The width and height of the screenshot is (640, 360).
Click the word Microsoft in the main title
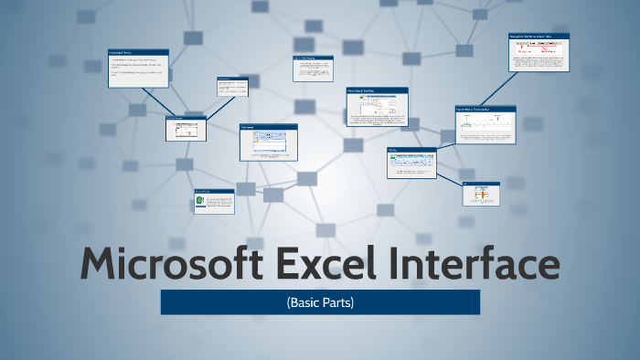point(165,264)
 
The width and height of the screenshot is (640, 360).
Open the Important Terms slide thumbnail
point(138,69)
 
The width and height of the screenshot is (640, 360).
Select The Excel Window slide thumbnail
point(186,129)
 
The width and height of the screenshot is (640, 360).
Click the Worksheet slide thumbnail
point(269,143)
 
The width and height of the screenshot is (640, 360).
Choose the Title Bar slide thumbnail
point(411,163)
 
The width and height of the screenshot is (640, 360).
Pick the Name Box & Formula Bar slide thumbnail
point(485,123)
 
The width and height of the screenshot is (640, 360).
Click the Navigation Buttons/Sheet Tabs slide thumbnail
point(539,53)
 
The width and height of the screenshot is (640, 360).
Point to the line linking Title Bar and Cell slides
point(448,179)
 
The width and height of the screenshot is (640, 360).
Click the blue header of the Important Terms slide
point(138,52)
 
